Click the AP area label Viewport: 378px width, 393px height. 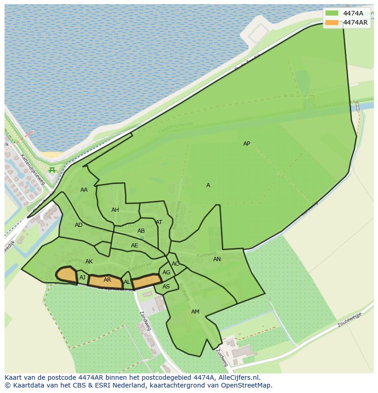tap(247, 144)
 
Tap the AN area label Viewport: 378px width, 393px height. tap(217, 259)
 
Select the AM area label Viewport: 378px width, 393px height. tap(195, 312)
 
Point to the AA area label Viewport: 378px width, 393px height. tap(84, 190)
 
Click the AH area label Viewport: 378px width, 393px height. tap(115, 210)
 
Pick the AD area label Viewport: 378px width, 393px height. tap(79, 225)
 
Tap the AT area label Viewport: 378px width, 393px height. tap(159, 222)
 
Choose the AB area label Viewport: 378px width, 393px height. tap(141, 231)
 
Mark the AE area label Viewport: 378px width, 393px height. tap(134, 246)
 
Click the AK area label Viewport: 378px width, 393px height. tap(89, 262)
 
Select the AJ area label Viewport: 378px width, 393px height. tap(83, 278)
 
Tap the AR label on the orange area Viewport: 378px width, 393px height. tap(107, 280)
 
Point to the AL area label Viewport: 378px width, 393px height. tap(127, 282)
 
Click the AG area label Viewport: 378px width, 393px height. tap(166, 272)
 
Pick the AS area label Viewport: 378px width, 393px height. tap(166, 287)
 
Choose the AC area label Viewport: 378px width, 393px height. tap(175, 264)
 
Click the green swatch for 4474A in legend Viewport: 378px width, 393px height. tap(332, 13)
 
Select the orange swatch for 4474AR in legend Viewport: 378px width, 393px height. tap(332, 22)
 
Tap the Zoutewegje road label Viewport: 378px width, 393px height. tap(350, 320)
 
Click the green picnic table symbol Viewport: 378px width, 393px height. tap(52, 170)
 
